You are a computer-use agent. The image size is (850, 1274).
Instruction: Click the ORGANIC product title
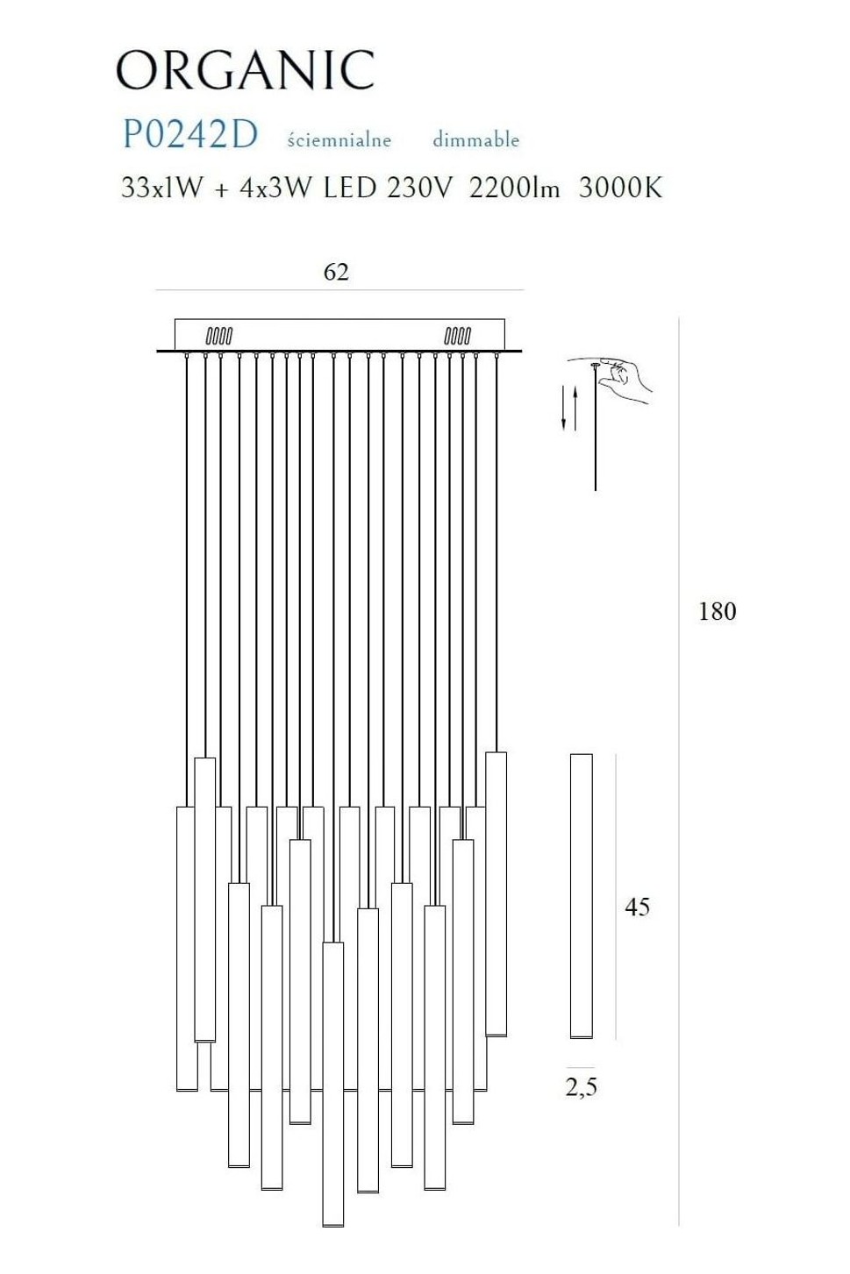tap(246, 70)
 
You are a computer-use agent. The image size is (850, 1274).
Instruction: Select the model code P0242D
tap(190, 135)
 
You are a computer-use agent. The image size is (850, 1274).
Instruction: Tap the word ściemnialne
tap(339, 139)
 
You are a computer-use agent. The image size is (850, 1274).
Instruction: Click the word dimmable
tap(475, 139)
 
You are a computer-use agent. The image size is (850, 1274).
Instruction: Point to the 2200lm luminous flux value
tap(514, 187)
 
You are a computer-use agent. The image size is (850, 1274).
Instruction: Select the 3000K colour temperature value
tap(621, 187)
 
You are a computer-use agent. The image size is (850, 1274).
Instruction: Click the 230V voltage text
tap(420, 187)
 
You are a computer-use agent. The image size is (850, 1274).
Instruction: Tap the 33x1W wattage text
tap(161, 187)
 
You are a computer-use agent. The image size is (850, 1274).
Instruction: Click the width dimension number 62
tap(336, 273)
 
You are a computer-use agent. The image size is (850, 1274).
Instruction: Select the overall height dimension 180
tap(717, 611)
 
